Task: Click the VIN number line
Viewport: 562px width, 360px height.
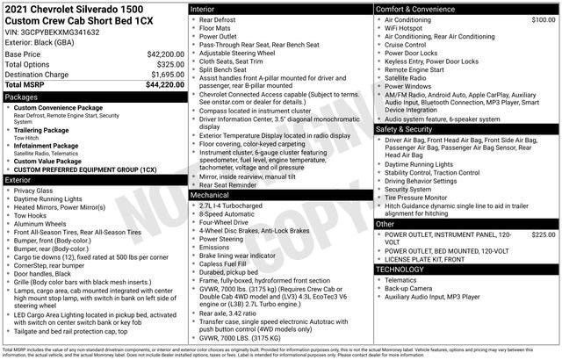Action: [53, 32]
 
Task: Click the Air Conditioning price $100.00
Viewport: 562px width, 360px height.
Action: [538, 19]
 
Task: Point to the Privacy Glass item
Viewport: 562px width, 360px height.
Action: [33, 191]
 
